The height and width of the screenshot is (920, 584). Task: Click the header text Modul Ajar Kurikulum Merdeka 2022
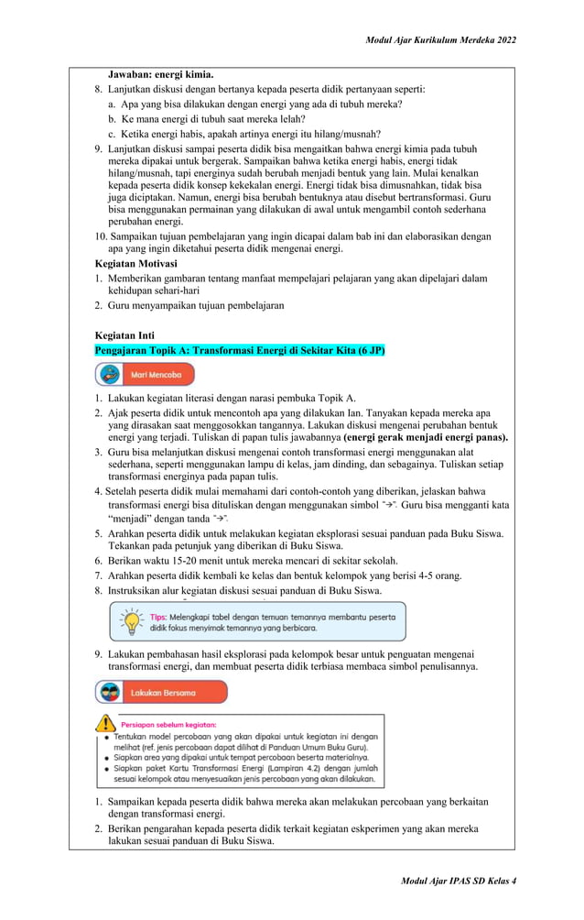click(x=440, y=41)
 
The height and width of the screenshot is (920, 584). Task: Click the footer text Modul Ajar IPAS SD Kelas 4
click(x=458, y=881)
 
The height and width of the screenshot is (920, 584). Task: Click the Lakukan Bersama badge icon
click(x=110, y=693)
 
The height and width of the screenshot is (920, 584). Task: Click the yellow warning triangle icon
click(x=106, y=724)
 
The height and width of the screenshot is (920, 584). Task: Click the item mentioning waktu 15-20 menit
click(x=252, y=560)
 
